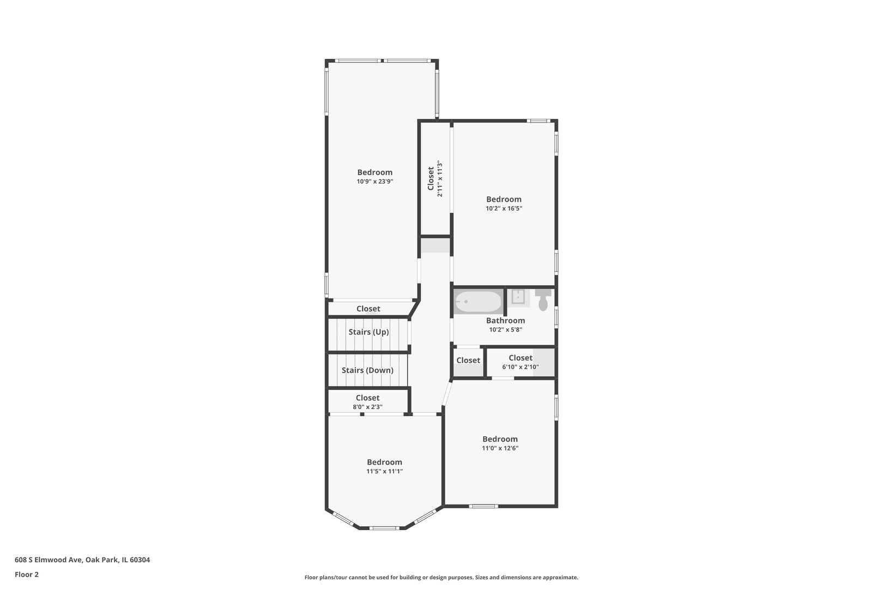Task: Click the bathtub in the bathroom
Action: tap(479, 302)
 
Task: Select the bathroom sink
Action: tap(518, 298)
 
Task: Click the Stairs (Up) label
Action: tap(368, 332)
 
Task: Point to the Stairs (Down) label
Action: tap(367, 370)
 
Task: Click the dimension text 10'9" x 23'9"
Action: tap(375, 182)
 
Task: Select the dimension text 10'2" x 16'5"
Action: tap(504, 208)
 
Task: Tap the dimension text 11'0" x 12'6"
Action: tap(500, 448)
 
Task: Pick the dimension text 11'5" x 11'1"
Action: tap(384, 471)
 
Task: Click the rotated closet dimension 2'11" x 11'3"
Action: tap(440, 179)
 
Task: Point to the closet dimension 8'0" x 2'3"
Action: tap(367, 407)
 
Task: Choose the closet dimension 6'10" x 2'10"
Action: tap(521, 367)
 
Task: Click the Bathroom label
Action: tap(505, 321)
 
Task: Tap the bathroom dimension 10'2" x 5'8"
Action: tap(505, 330)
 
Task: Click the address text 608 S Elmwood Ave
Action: tap(48, 560)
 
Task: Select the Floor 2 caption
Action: tap(27, 574)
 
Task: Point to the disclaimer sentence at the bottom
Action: tap(441, 578)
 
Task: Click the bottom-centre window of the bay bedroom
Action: tap(384, 528)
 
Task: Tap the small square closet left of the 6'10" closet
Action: tap(468, 362)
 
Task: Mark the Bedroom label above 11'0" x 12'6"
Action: tap(500, 439)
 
